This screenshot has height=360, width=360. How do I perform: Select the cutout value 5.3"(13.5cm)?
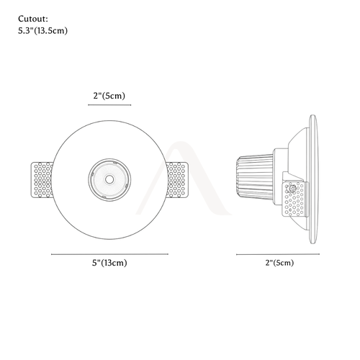[x=42, y=31]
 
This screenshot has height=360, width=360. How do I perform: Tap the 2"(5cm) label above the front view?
[x=109, y=96]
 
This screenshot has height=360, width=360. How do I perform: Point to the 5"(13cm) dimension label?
[x=109, y=263]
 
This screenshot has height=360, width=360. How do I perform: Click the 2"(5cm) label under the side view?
[x=279, y=263]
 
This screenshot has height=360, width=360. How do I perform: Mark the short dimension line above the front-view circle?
[x=109, y=105]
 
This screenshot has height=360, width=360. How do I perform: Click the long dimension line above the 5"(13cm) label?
[x=109, y=254]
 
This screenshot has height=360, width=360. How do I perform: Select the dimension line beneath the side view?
[x=278, y=254]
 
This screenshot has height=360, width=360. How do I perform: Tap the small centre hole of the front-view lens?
[x=109, y=179]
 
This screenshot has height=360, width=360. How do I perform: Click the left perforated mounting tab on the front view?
[x=41, y=180]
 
